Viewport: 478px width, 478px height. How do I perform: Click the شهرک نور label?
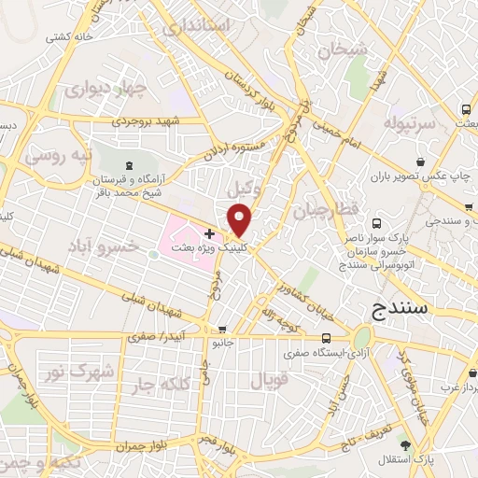point(82,371)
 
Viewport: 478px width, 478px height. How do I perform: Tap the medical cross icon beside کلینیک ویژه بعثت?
point(209,232)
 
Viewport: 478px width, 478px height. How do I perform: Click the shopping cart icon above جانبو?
point(221,329)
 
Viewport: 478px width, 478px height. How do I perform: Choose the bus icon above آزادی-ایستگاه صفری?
point(325,338)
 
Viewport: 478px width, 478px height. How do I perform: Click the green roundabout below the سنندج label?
point(362,337)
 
